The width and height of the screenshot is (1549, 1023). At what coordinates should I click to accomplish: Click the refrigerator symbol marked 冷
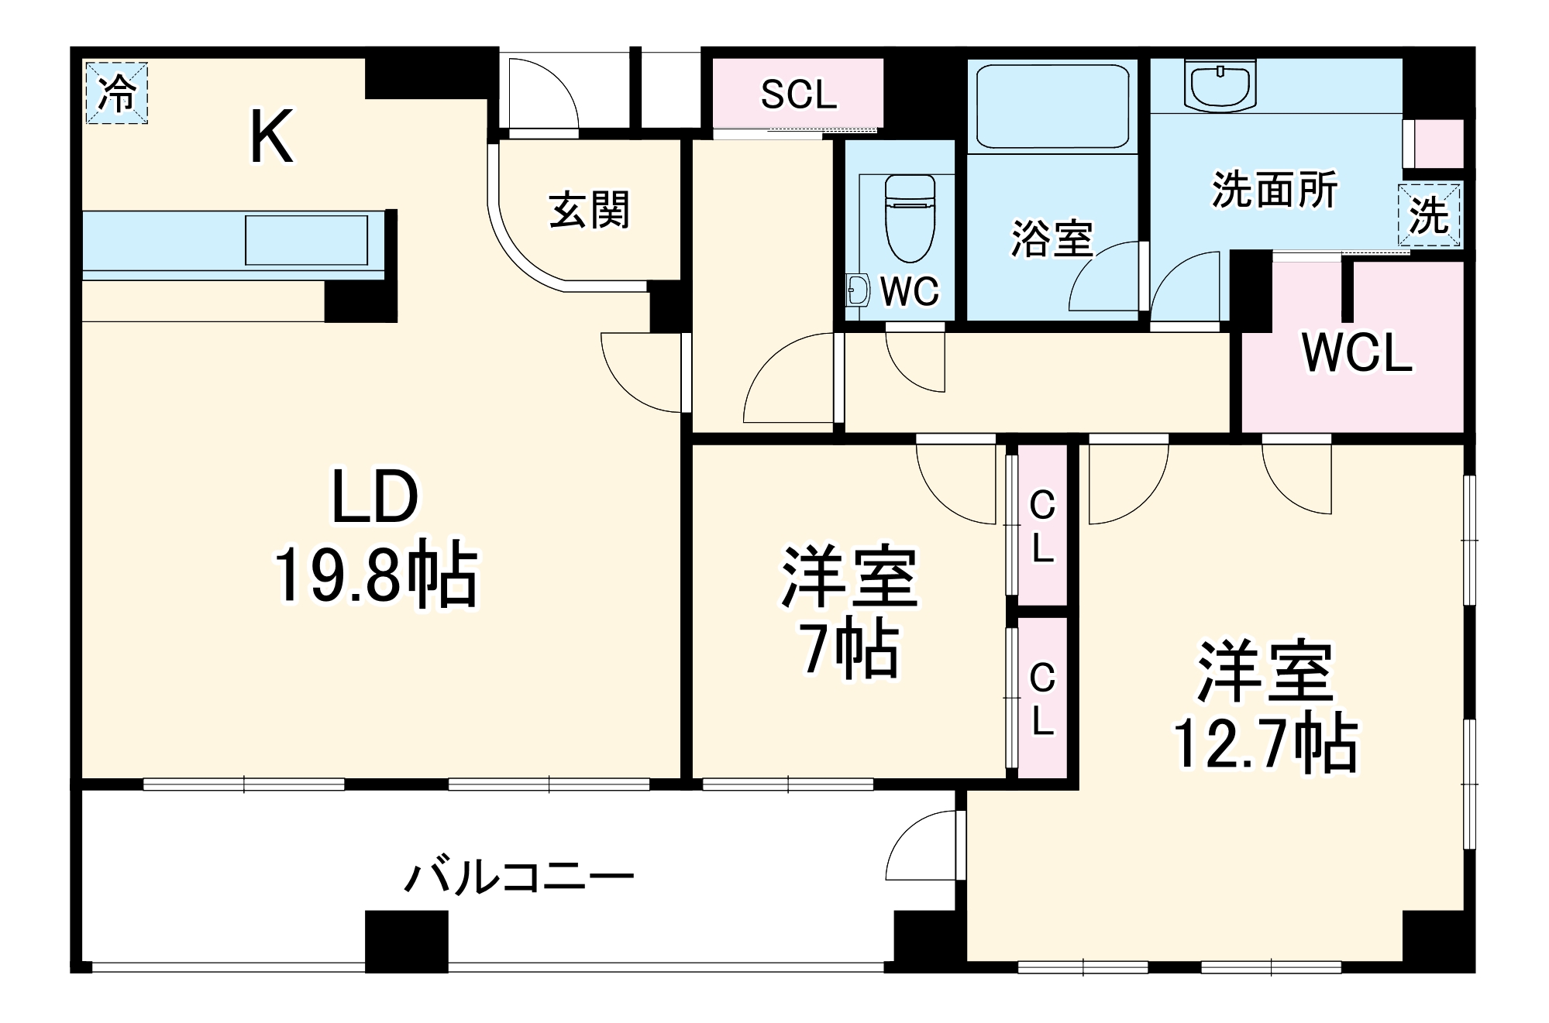(x=116, y=93)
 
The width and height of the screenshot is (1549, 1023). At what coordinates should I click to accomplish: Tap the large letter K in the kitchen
(x=271, y=138)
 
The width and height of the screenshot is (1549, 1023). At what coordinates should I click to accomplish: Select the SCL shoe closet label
(x=798, y=94)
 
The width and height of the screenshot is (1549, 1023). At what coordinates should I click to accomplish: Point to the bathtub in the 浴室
(x=1052, y=106)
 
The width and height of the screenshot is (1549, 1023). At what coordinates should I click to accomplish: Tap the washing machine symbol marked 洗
(x=1430, y=215)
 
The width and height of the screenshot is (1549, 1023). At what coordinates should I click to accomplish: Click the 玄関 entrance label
(x=590, y=210)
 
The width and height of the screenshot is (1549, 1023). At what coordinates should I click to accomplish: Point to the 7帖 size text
(x=850, y=649)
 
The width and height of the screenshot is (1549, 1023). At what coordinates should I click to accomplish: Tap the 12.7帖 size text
(x=1265, y=744)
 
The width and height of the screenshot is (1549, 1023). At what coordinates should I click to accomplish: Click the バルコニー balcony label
(x=520, y=877)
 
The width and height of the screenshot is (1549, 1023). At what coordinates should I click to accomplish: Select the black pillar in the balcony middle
(x=406, y=941)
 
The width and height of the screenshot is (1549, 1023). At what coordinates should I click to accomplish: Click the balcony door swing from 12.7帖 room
(x=922, y=848)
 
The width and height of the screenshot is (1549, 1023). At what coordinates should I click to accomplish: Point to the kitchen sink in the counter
(x=306, y=241)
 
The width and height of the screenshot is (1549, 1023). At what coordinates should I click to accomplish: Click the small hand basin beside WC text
(x=857, y=291)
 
